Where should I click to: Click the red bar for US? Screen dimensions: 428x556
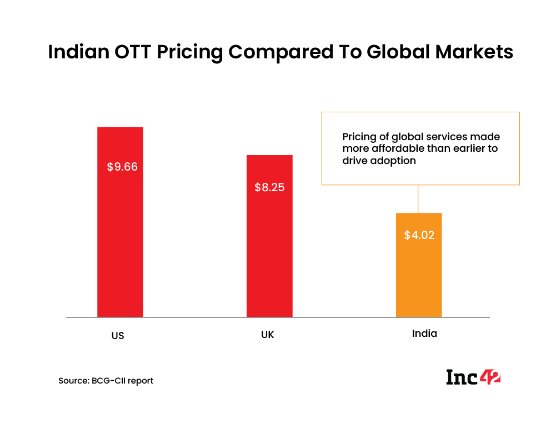[x=120, y=250]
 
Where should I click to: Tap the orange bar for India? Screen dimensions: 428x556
[x=418, y=278]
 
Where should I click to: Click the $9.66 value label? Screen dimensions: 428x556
[x=122, y=167]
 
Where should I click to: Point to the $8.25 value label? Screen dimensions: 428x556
[x=269, y=187]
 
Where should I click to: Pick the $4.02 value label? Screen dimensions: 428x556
[x=419, y=235]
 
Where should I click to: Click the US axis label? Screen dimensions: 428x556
[x=117, y=336]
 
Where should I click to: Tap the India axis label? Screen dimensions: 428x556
[x=424, y=334]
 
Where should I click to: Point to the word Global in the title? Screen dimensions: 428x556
[x=390, y=52]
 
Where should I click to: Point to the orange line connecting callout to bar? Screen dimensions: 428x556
[x=418, y=198]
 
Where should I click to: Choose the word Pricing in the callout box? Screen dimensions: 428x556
[x=358, y=137]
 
